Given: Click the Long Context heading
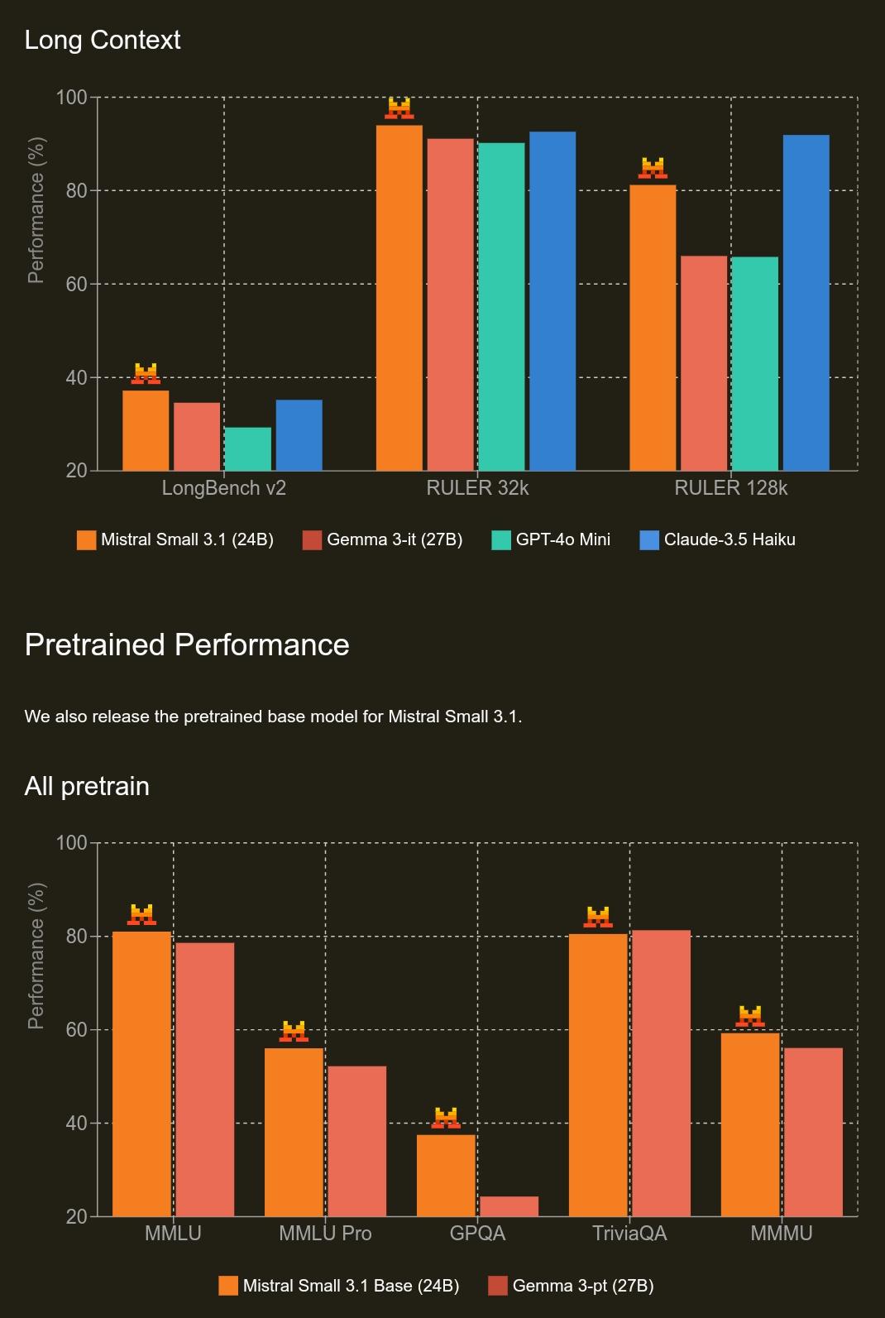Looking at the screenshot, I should (x=103, y=40).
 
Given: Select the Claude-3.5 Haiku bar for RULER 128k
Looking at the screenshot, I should (x=806, y=303).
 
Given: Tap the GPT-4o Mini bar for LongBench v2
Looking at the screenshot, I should (x=247, y=448).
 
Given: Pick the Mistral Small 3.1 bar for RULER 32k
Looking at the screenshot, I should (x=399, y=298).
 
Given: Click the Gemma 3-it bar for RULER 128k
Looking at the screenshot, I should (x=703, y=363).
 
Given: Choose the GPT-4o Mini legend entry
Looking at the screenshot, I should (x=551, y=539).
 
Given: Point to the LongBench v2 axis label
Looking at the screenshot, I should (x=223, y=488).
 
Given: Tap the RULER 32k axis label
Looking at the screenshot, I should (x=477, y=488).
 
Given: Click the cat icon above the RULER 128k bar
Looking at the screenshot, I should (x=653, y=168).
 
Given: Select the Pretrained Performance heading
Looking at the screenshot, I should (x=187, y=645).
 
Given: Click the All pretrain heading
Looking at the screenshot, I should (x=87, y=785).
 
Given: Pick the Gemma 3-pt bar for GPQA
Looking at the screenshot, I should (x=509, y=1206).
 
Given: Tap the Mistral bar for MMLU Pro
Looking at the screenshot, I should (x=294, y=1132).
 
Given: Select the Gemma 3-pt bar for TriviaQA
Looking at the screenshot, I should (x=661, y=1073).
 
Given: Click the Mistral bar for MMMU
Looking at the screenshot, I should (x=750, y=1124).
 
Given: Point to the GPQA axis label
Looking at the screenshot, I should (x=477, y=1234).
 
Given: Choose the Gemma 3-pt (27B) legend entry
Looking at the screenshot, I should (x=572, y=1286).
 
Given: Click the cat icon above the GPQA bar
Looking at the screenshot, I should (x=446, y=1118).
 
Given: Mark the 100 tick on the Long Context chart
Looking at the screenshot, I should (x=71, y=98).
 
